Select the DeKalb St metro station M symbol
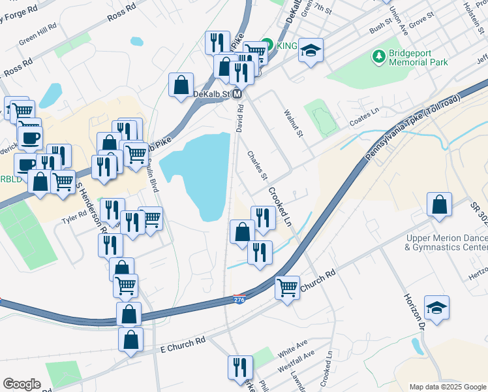coord(238,95)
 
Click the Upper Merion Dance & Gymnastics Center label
coord(446,242)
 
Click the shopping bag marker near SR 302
coord(440,204)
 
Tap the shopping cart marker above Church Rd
coord(287,287)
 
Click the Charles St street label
coord(257,166)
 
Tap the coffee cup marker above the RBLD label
coord(29,139)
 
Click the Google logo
coord(22,384)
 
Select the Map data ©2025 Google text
coord(447,387)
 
